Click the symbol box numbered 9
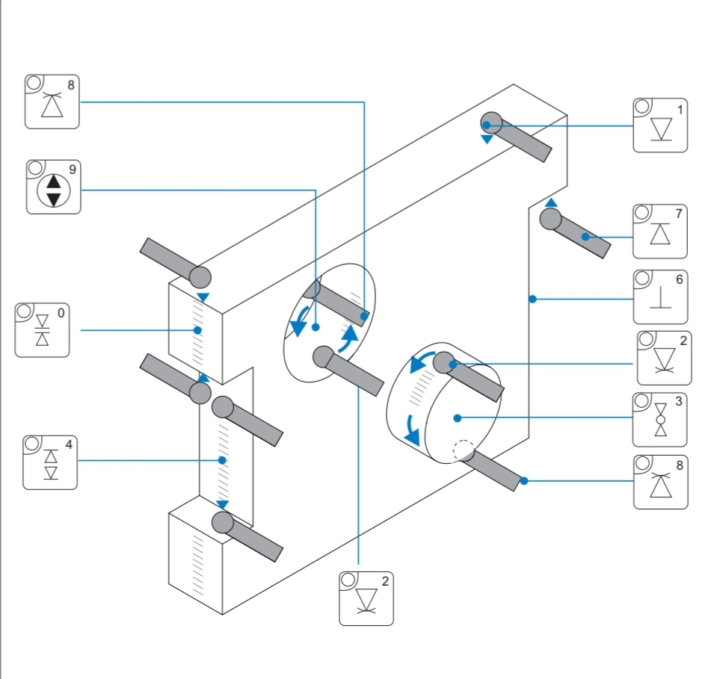point(54,187)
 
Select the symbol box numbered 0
point(43,330)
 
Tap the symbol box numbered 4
point(50,462)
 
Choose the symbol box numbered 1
point(660,125)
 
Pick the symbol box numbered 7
point(660,232)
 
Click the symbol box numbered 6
point(660,297)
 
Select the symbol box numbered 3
point(659,420)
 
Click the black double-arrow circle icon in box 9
point(54,190)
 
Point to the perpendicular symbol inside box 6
point(660,298)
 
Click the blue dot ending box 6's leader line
point(532,299)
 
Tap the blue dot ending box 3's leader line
point(458,418)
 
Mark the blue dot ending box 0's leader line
point(197,330)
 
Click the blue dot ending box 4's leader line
point(222,460)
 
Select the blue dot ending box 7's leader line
point(585,237)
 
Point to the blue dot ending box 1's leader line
point(487,125)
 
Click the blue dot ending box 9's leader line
point(315,327)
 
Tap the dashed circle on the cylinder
point(464,450)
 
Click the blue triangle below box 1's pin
point(487,139)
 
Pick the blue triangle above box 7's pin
point(551,202)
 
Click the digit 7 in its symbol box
point(679,214)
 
